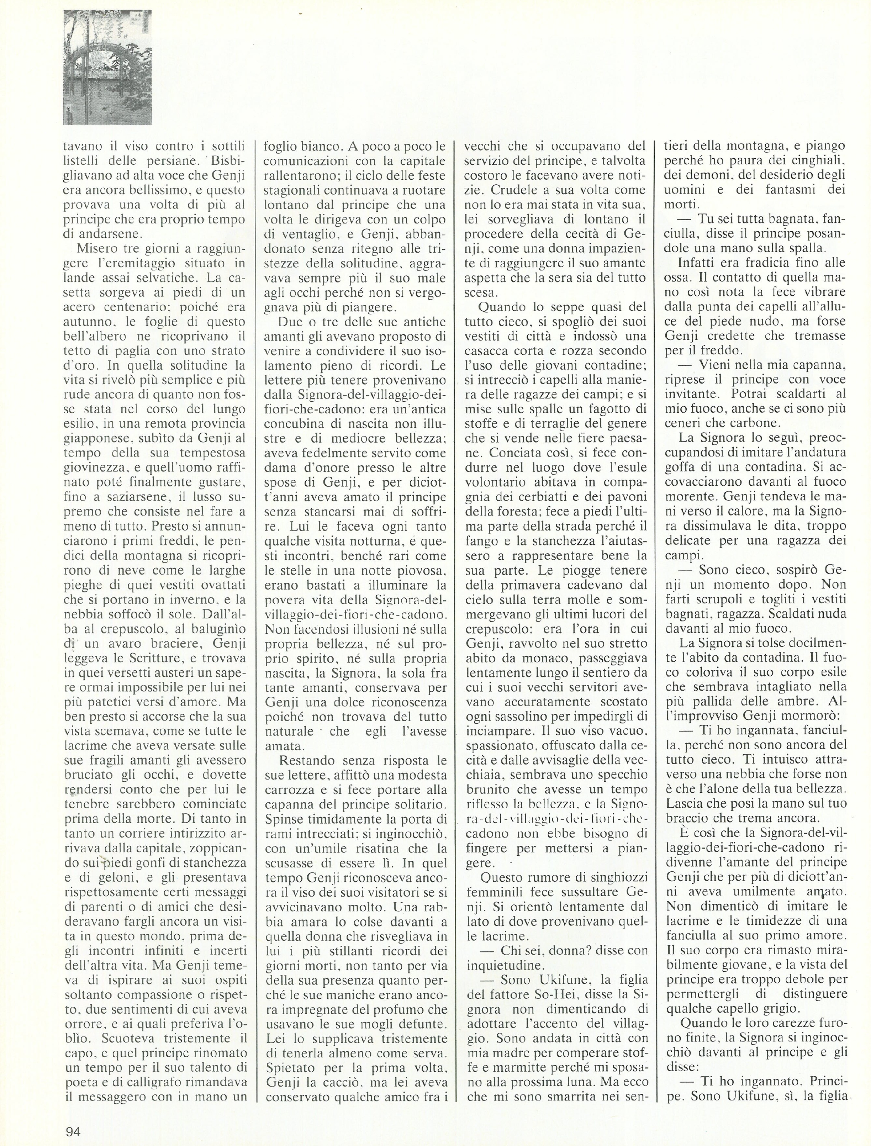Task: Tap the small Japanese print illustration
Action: pos(107,67)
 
